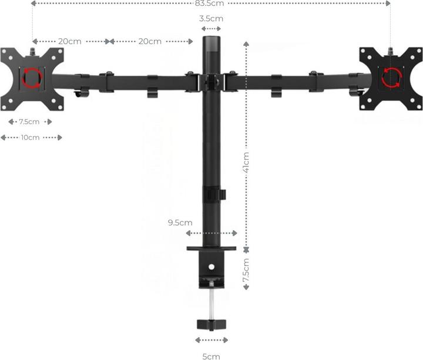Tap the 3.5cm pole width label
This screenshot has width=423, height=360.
211,19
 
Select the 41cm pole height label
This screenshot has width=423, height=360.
246,162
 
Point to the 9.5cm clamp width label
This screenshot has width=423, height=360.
180,223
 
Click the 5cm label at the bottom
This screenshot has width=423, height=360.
211,356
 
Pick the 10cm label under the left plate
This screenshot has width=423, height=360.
30,137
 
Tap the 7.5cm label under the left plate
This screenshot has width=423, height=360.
29,122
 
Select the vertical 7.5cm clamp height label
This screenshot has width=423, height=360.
246,271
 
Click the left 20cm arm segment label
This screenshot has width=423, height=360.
69,42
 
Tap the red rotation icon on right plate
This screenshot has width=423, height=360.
391,76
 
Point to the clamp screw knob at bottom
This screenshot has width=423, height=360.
211,324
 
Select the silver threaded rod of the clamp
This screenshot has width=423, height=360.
211,302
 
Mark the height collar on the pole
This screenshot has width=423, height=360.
212,194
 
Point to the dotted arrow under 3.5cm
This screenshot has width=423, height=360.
211,29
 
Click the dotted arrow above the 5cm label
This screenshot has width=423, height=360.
211,340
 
